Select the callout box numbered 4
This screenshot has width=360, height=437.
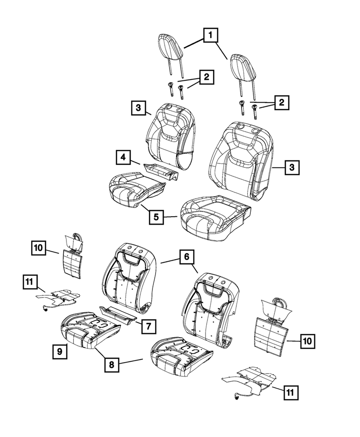124,157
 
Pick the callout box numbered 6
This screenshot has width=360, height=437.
186,257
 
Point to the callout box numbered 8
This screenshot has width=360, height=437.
112,364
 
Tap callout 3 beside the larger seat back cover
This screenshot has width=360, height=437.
292,167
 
